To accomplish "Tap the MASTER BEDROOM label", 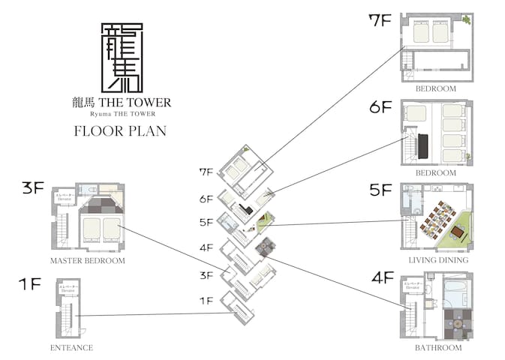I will (x=88, y=260).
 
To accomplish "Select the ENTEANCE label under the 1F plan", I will (x=72, y=347).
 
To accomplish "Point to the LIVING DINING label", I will (x=438, y=259).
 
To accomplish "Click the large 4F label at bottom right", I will (x=382, y=278).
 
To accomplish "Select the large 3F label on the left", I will (x=33, y=188).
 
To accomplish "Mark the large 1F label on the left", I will (x=31, y=284).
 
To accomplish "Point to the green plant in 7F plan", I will (x=467, y=19).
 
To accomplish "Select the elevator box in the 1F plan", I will (x=65, y=288).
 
